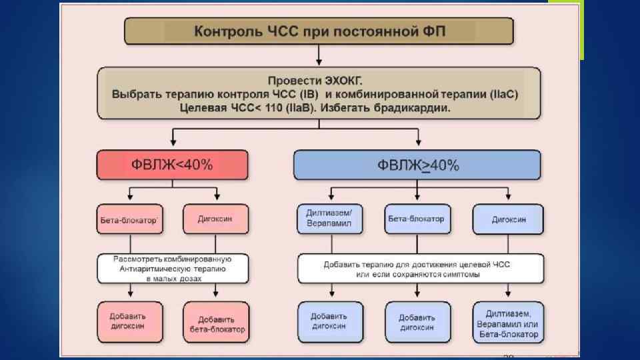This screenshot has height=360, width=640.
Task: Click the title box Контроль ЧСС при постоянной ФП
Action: [x=319, y=31]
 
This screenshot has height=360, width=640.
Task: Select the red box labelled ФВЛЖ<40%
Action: [x=172, y=165]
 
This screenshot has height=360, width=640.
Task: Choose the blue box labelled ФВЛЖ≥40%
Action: [x=417, y=165]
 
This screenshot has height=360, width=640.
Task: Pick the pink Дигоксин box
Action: [x=215, y=219]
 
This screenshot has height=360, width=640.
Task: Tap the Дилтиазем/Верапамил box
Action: [x=329, y=219]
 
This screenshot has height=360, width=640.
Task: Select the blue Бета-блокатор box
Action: [x=416, y=219]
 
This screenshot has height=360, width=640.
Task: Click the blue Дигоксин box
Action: [x=508, y=219]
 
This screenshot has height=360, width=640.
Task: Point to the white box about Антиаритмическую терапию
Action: [x=172, y=269]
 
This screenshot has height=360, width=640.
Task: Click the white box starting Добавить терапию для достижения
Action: [x=417, y=269]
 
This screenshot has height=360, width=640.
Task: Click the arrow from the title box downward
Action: [x=319, y=53]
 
